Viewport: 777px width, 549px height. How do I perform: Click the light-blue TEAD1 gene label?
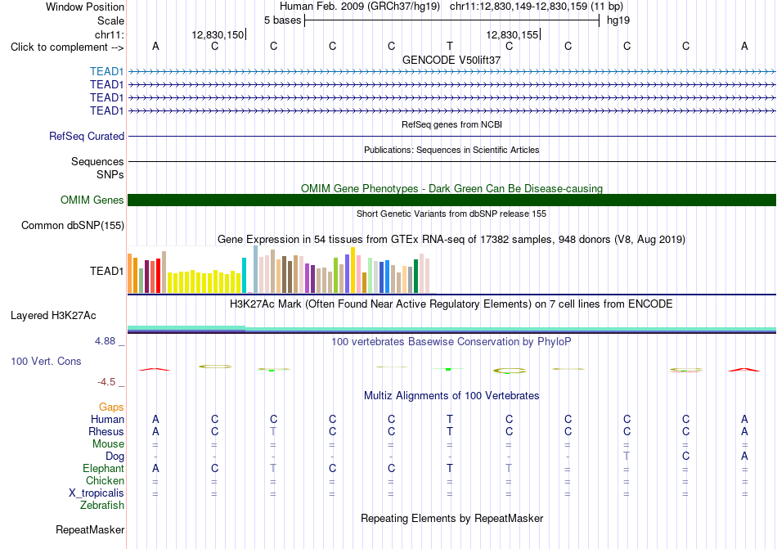pyautogui.click(x=106, y=72)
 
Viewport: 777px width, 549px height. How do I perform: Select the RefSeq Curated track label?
pyautogui.click(x=87, y=137)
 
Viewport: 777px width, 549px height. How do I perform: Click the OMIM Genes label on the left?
pyautogui.click(x=92, y=200)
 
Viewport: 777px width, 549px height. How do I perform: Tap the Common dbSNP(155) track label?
pyautogui.click(x=73, y=226)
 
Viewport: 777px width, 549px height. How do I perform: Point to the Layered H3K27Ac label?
pyautogui.click(x=53, y=316)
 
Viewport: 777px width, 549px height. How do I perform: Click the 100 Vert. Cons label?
pyautogui.click(x=46, y=361)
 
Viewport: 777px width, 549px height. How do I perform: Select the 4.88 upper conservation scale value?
pyautogui.click(x=105, y=341)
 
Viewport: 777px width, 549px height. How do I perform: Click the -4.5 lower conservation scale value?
pyautogui.click(x=106, y=381)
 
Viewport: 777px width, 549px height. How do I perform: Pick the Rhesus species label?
pyautogui.click(x=106, y=431)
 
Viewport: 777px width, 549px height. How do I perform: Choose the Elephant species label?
pyautogui.click(x=103, y=468)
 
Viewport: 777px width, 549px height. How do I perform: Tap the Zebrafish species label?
pyautogui.click(x=102, y=506)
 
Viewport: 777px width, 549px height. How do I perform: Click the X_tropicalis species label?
pyautogui.click(x=97, y=493)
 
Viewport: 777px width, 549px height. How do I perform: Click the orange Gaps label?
pyautogui.click(x=111, y=407)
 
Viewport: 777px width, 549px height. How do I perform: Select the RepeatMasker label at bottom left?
pyautogui.click(x=90, y=529)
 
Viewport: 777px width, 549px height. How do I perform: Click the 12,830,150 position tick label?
pyautogui.click(x=218, y=34)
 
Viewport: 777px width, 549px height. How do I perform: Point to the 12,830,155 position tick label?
pyautogui.click(x=512, y=34)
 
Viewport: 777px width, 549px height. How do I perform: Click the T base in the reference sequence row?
pyautogui.click(x=450, y=46)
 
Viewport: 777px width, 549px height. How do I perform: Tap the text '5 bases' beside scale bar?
pyautogui.click(x=282, y=20)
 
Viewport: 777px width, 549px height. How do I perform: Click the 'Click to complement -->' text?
pyautogui.click(x=67, y=47)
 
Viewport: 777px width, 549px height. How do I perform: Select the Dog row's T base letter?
pyautogui.click(x=627, y=456)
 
